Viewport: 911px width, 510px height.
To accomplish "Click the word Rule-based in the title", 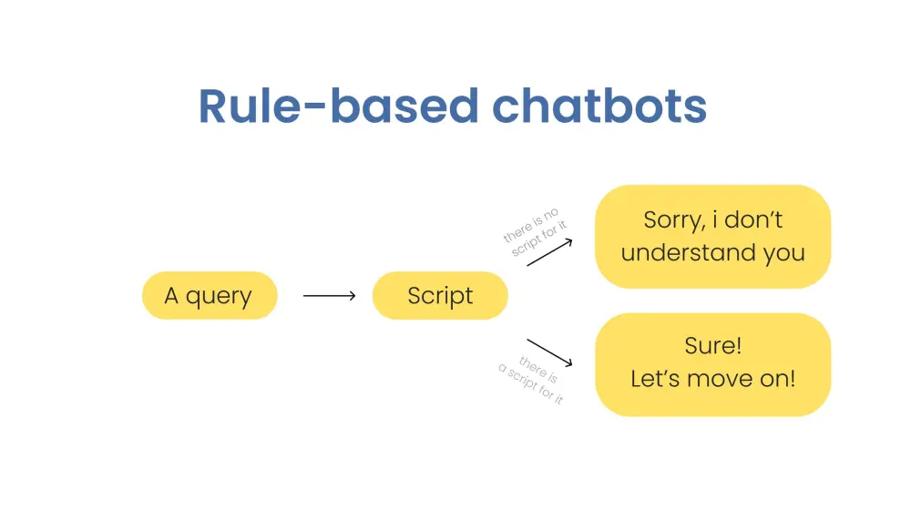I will (x=337, y=107).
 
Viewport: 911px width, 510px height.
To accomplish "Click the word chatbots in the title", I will (x=599, y=107).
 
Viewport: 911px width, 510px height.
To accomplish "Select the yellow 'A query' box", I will (x=209, y=295).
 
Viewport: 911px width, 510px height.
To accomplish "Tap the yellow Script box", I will (x=440, y=295).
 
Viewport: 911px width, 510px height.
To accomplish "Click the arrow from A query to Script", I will (x=329, y=295).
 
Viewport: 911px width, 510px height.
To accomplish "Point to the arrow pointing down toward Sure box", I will (x=550, y=353).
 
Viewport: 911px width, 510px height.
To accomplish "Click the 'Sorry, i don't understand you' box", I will (x=712, y=236).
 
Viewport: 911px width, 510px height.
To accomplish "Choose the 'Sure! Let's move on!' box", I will (x=712, y=364).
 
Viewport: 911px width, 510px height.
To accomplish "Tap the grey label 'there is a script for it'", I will (x=532, y=379).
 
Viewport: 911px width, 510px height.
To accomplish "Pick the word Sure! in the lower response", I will (x=712, y=347).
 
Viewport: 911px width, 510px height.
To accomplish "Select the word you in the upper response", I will (x=784, y=254).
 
